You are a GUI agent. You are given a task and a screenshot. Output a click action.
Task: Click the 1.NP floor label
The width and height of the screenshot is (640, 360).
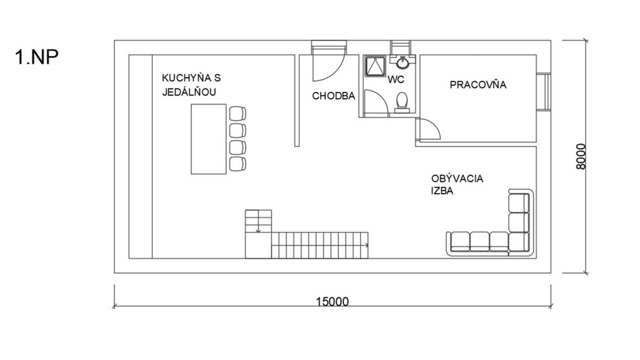tap(37, 57)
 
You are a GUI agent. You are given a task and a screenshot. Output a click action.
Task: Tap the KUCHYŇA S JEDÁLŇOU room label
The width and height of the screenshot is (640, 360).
tap(191, 85)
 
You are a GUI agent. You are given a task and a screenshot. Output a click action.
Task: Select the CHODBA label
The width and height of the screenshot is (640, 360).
tap(334, 96)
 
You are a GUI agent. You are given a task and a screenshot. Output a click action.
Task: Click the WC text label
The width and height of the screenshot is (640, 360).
tap(395, 79)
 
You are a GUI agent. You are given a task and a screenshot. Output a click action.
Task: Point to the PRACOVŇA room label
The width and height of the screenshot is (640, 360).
tap(478, 85)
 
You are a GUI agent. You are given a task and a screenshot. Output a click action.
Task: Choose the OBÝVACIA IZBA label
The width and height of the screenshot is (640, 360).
tap(457, 184)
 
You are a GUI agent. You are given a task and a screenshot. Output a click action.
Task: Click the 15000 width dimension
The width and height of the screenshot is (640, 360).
tap(332, 301)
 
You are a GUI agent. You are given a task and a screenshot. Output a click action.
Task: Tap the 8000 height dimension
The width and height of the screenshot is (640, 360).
tap(581, 157)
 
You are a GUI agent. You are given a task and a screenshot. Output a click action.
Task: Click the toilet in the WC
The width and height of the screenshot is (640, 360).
tap(402, 102)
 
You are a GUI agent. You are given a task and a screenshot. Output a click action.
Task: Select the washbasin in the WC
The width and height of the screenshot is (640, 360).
tap(403, 62)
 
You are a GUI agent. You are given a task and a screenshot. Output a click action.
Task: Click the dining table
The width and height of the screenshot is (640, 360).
tap(209, 139)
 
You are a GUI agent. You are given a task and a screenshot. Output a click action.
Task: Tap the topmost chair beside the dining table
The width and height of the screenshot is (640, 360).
tap(238, 113)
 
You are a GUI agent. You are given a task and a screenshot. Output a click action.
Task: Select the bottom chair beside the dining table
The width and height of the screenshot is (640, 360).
tap(238, 164)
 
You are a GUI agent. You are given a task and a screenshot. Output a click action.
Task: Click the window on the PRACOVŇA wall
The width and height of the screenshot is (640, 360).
tap(543, 92)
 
